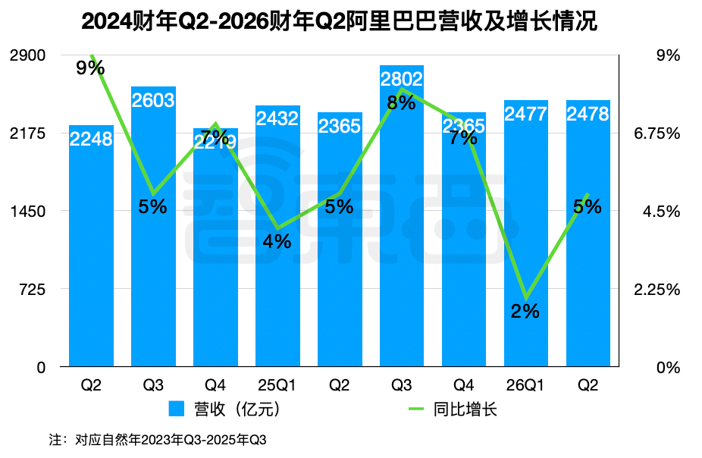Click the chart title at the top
pos(339,20)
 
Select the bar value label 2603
pos(152,101)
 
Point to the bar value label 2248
pos(91,139)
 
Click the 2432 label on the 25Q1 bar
pos(277,119)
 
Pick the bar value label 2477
pos(525,114)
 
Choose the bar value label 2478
pos(588,114)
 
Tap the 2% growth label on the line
pos(525,311)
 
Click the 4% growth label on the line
pos(277,242)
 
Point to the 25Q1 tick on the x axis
pos(277,386)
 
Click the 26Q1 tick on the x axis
pos(525,386)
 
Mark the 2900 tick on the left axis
pos(27,55)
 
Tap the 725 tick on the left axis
pos(33,290)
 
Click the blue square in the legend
pos(176,410)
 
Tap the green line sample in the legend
pos(418,410)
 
